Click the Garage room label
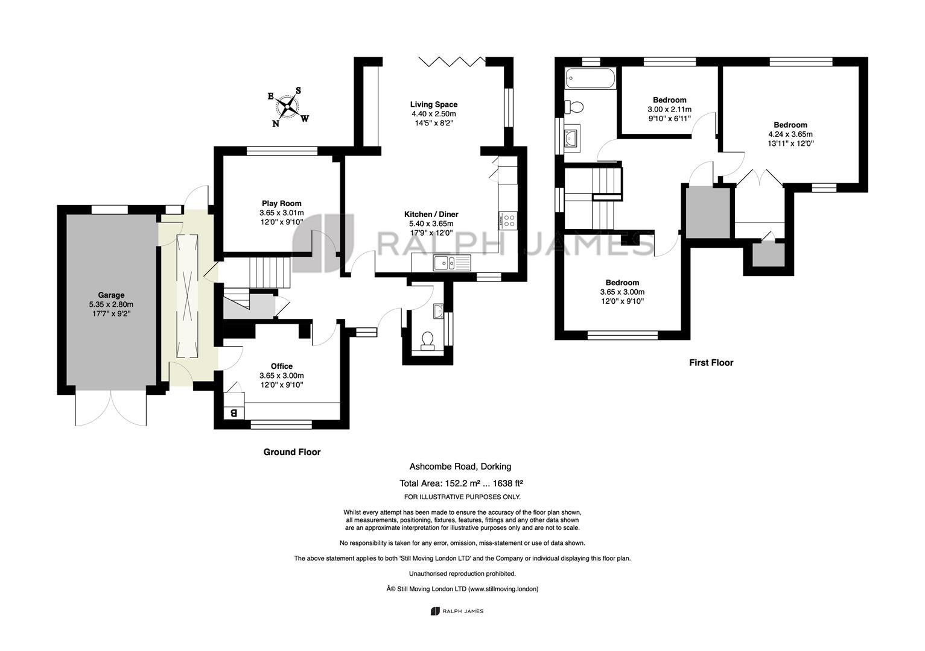click(x=111, y=295)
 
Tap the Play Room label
click(x=282, y=203)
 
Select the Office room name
click(x=282, y=366)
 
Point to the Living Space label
click(x=434, y=105)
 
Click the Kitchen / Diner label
click(x=431, y=214)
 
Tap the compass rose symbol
click(x=287, y=107)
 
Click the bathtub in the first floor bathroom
click(x=591, y=78)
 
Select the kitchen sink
click(x=452, y=263)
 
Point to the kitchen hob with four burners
click(x=508, y=220)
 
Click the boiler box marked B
click(x=234, y=412)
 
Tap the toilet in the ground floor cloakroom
click(x=427, y=341)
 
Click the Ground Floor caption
click(x=292, y=452)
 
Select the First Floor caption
click(x=711, y=363)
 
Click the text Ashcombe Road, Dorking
click(x=460, y=467)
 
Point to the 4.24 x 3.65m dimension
click(x=790, y=134)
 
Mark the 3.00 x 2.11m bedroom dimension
click(x=669, y=109)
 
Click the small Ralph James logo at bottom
click(x=457, y=611)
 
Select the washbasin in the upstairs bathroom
click(x=573, y=136)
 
